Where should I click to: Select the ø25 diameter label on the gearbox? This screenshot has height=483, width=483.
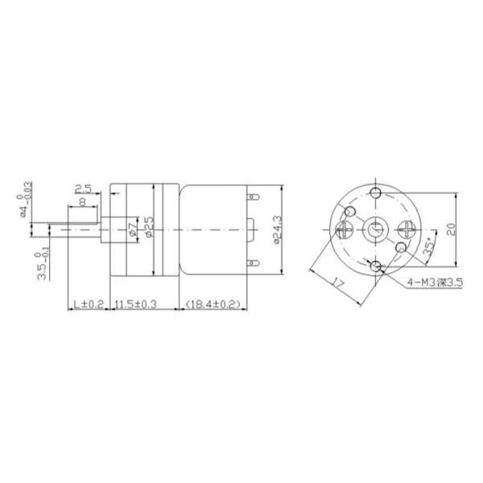tap(149, 229)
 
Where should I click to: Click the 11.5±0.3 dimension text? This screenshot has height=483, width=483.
tap(135, 304)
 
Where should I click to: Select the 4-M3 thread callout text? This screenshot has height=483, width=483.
tap(435, 282)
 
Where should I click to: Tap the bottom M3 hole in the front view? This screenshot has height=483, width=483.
tap(376, 266)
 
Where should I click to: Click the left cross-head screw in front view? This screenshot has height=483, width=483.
tap(342, 230)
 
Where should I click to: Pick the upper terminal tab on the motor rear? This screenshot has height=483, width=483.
tap(254, 196)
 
